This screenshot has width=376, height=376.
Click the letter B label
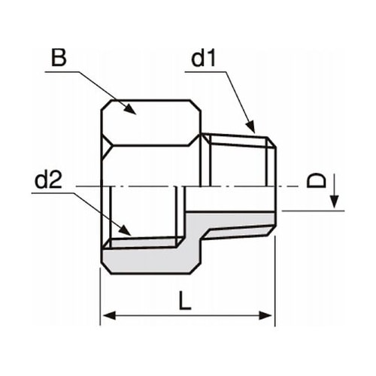coord(59,57)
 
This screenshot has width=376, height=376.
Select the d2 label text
coord(48,180)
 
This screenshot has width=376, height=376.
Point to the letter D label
coord(320,180)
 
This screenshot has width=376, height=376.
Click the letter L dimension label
coord(185,301)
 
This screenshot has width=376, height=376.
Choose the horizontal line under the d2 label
coord(56,193)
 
